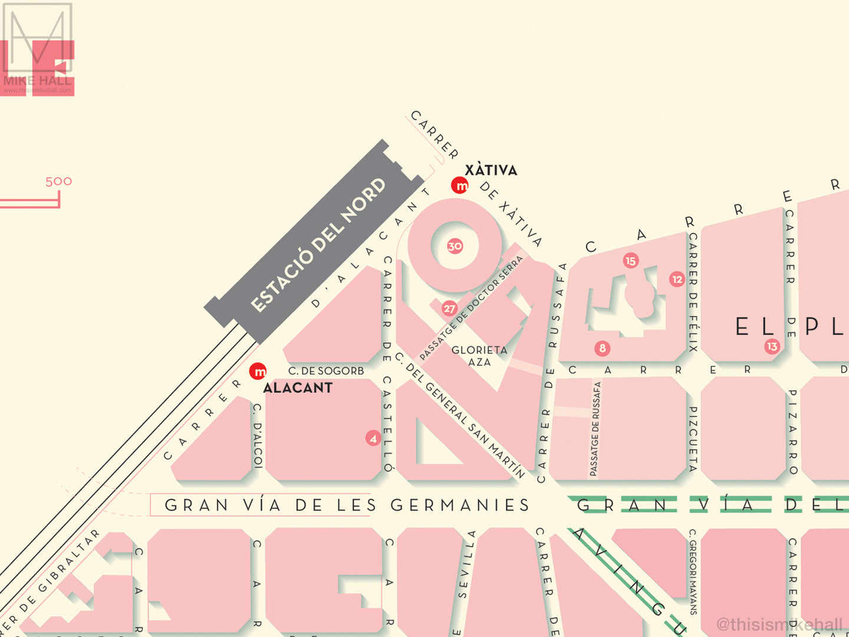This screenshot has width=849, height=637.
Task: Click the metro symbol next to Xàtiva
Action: pos(459,185)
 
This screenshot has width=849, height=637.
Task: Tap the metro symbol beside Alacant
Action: pos(258,372)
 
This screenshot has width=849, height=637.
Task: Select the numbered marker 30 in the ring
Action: pos(455,246)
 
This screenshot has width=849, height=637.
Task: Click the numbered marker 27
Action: pos(449,308)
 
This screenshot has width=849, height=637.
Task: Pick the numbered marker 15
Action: pos(630,261)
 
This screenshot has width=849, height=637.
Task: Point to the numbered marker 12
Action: pos(677,280)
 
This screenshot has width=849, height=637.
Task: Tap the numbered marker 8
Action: pos(602,348)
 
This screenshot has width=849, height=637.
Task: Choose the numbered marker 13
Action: pos(772,346)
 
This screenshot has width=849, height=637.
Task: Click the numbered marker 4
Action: pos(373,438)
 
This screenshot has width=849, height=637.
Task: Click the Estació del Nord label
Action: pos(318,245)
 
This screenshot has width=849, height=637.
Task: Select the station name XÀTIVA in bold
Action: pos(491,170)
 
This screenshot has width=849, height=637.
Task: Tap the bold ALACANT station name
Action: pos(298,388)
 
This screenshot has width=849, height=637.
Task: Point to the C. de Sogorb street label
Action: pos(326,371)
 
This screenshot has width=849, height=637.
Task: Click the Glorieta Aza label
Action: pos(479,356)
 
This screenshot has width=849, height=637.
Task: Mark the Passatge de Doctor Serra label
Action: pos(471,308)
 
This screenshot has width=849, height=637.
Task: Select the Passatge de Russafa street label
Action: pos(595,429)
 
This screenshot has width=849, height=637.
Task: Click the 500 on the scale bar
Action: pos(58,182)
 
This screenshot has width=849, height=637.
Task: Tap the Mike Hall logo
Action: pos(37,50)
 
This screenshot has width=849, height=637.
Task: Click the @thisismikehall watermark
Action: pos(779,624)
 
